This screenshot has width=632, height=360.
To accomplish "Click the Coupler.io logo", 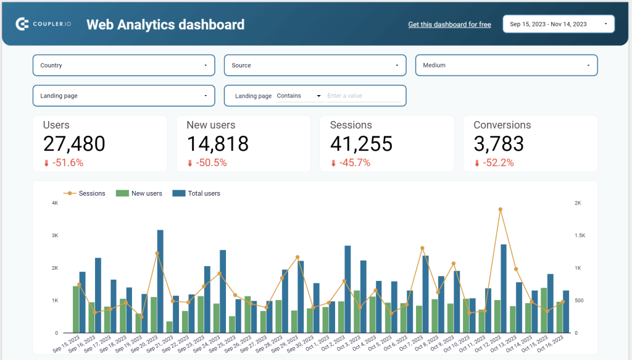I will pyautogui.click(x=43, y=24).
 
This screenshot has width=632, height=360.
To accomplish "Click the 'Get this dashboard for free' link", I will pyautogui.click(x=449, y=25).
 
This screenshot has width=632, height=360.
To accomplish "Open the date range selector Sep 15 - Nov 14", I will pyautogui.click(x=558, y=24).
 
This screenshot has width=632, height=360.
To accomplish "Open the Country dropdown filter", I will pyautogui.click(x=123, y=65).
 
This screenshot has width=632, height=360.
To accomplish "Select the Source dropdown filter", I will pyautogui.click(x=315, y=65).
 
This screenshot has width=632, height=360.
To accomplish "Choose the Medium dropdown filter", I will pyautogui.click(x=506, y=65).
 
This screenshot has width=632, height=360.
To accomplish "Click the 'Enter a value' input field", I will pyautogui.click(x=363, y=96).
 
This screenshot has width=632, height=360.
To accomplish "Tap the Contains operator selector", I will pyautogui.click(x=299, y=96).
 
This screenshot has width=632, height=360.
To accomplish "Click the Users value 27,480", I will pyautogui.click(x=74, y=144).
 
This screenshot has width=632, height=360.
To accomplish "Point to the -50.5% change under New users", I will pyautogui.click(x=211, y=163).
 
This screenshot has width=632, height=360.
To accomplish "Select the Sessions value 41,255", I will pyautogui.click(x=361, y=144).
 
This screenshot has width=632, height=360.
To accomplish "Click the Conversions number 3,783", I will pyautogui.click(x=499, y=144).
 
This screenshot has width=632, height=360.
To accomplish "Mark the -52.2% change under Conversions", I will pyautogui.click(x=497, y=163).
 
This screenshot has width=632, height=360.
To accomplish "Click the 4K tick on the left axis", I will pyautogui.click(x=55, y=203).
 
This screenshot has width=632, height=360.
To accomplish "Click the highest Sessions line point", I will pyautogui.click(x=500, y=209).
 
